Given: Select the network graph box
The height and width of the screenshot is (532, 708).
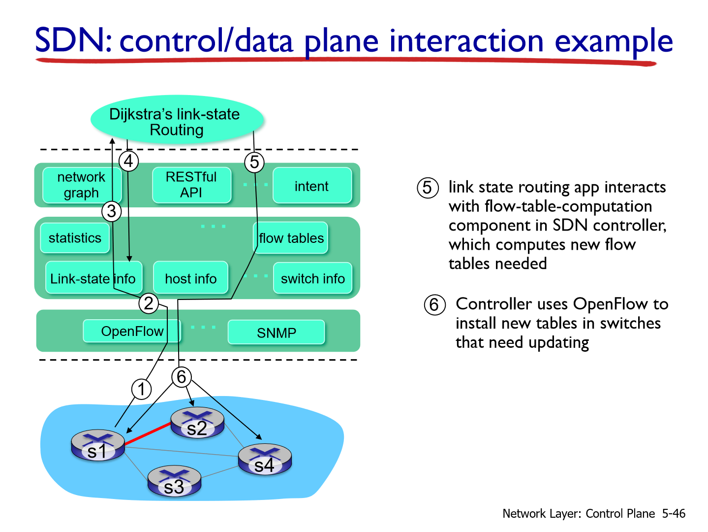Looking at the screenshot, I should tap(81, 185).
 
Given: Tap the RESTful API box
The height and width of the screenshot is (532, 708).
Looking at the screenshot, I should tap(191, 185).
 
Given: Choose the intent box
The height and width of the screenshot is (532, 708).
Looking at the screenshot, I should tap(312, 186).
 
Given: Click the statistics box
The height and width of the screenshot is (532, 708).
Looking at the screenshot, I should tap(75, 238).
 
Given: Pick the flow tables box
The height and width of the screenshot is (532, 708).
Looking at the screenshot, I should tap(291, 238).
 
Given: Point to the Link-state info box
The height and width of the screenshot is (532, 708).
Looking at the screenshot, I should tap(93, 278).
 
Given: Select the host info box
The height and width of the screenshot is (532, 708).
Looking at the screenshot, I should tap(191, 278).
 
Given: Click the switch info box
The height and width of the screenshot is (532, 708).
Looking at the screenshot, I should tap(313, 278).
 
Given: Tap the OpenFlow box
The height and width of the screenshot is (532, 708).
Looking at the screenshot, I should tap(132, 331).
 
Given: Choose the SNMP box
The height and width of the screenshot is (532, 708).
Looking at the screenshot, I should tap(277, 332).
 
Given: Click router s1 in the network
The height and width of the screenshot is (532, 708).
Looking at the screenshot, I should tap(98, 445).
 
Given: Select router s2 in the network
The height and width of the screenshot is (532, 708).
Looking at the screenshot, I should tap(197, 423).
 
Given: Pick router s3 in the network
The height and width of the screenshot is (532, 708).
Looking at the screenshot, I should tap(174, 481).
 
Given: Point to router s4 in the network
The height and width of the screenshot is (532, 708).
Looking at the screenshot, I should tap(265, 459).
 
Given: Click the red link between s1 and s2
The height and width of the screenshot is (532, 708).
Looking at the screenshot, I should tap(148, 433).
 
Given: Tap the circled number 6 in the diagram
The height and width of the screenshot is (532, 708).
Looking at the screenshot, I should tap(182, 377).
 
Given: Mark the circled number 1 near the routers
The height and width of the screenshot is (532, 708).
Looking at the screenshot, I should tap(141, 389).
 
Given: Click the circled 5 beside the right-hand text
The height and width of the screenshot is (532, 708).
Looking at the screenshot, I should tap(428, 188).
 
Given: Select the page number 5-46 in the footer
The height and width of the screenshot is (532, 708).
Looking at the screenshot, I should tap(673, 513).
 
